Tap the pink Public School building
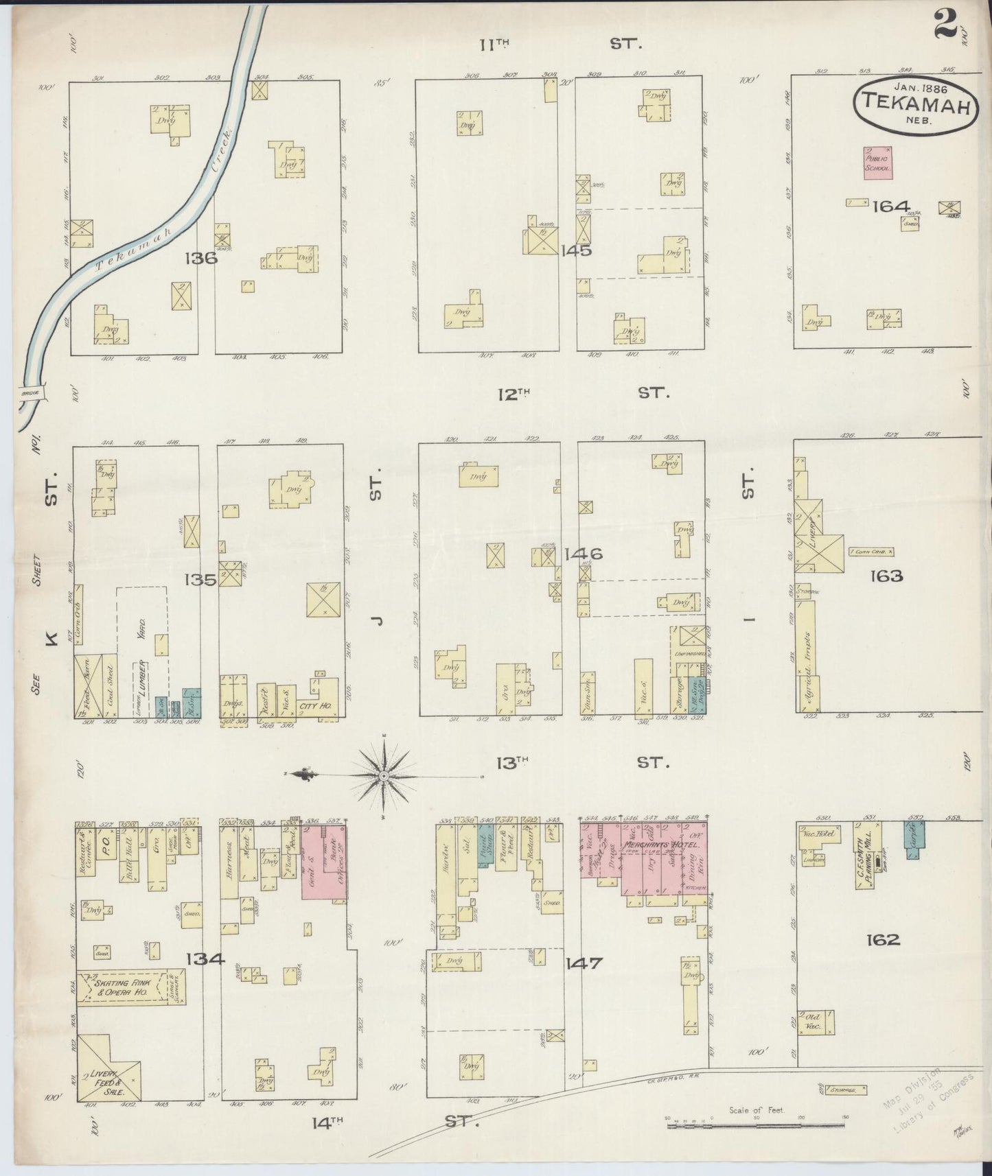pyautogui.click(x=877, y=163)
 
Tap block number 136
pyautogui.click(x=200, y=258)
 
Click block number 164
pyautogui.click(x=890, y=206)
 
